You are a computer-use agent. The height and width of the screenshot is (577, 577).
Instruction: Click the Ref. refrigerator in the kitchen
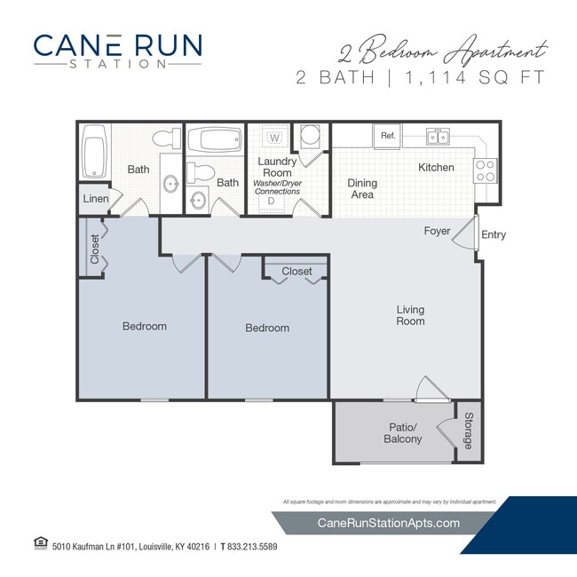point(387,136)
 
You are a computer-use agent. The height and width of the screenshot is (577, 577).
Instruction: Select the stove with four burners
point(485,170)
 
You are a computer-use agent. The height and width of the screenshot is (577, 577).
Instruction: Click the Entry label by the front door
point(494,235)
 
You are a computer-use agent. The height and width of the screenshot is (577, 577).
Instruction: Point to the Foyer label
point(437,232)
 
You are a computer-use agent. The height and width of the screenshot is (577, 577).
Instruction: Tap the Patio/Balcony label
point(402,433)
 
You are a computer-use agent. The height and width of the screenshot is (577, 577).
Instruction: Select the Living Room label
point(410,315)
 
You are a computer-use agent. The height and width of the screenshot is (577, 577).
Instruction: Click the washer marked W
point(275,138)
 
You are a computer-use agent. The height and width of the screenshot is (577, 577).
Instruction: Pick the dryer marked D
point(272,202)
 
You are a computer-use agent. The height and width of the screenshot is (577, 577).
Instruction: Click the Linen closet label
point(96,199)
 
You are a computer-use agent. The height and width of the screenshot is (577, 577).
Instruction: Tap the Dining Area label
point(362,189)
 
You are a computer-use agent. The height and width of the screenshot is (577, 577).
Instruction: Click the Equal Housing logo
point(39,543)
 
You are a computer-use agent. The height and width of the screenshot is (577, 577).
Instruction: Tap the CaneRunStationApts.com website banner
point(388,523)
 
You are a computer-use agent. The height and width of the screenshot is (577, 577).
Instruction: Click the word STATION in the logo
point(116,64)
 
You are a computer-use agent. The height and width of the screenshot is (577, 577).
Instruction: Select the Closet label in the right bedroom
point(296,272)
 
